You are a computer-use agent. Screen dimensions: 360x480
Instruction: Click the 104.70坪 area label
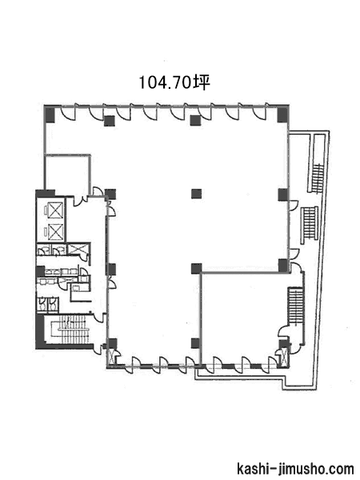174,82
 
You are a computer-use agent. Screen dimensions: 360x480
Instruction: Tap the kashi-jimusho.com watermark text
295,469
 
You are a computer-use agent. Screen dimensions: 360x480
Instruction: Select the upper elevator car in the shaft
56,210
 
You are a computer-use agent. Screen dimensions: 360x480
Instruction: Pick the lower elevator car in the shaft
56,232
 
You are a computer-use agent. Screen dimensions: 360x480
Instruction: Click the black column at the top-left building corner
50,114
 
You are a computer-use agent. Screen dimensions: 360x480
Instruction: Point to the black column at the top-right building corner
283,114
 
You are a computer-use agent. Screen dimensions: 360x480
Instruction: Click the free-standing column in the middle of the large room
196,194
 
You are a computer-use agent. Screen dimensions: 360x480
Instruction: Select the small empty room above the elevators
67,174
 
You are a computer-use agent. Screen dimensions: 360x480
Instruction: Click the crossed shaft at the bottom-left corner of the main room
112,357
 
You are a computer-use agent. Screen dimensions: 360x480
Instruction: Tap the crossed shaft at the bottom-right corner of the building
285,358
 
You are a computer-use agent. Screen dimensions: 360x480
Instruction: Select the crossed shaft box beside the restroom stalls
78,248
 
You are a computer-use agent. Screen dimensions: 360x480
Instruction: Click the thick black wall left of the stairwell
40,331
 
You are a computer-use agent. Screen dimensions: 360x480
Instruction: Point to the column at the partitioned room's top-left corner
196,269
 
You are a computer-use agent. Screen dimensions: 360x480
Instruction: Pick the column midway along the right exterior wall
283,194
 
